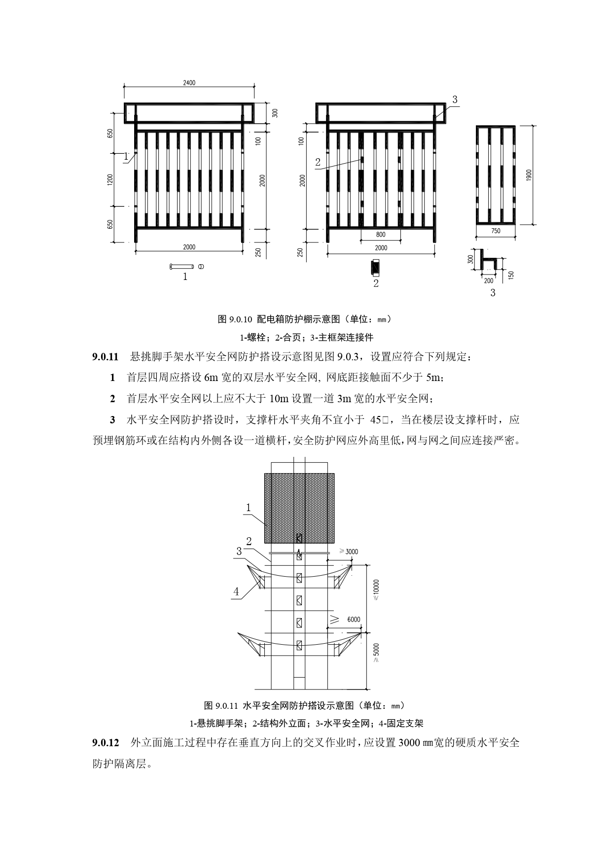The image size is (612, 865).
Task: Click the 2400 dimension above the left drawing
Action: pyautogui.click(x=189, y=83)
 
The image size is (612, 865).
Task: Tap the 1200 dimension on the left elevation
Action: pyautogui.click(x=110, y=179)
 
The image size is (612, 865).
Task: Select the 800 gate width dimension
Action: pyautogui.click(x=381, y=235)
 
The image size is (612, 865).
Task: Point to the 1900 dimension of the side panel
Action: pyautogui.click(x=529, y=174)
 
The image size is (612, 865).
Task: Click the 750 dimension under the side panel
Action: pyautogui.click(x=496, y=231)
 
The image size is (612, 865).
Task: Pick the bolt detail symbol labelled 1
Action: pyautogui.click(x=186, y=267)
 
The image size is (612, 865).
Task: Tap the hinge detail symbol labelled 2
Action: pyautogui.click(x=376, y=267)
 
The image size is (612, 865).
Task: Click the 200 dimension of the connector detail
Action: pyautogui.click(x=488, y=281)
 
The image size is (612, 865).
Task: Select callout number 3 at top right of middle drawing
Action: pyautogui.click(x=455, y=100)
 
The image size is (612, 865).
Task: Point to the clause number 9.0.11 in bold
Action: pyautogui.click(x=105, y=356)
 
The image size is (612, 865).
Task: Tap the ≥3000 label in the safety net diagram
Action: pyautogui.click(x=349, y=552)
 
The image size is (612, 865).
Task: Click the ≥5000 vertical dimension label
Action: pyautogui.click(x=377, y=653)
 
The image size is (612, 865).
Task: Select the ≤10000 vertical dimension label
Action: pyautogui.click(x=376, y=589)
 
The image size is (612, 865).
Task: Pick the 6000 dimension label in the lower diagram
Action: pyautogui.click(x=354, y=620)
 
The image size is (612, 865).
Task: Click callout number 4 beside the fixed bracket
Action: pyautogui.click(x=236, y=592)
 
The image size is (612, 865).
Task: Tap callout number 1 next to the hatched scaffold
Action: pyautogui.click(x=249, y=508)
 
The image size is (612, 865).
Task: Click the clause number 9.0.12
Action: pyautogui.click(x=105, y=743)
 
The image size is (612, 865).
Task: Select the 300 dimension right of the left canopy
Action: pyautogui.click(x=275, y=113)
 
